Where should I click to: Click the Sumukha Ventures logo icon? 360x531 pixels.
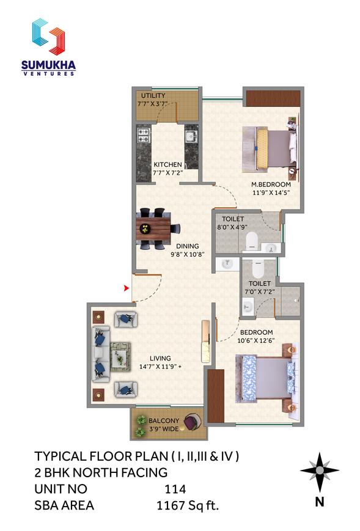[48, 37]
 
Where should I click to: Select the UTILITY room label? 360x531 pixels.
[153, 96]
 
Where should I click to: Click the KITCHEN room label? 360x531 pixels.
[167, 164]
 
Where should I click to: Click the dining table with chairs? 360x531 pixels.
[155, 229]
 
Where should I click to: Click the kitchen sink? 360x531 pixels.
[191, 135]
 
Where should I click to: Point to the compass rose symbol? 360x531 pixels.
[319, 471]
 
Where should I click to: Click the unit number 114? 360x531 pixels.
[175, 489]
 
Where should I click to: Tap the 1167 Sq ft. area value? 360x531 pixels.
[188, 505]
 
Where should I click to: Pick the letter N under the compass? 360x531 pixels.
[319, 502]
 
